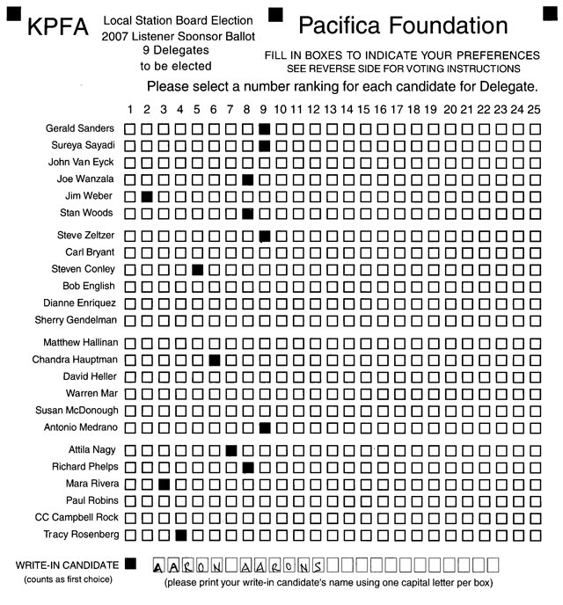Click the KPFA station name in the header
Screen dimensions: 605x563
point(57,29)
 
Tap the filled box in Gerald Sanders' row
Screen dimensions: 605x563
point(265,128)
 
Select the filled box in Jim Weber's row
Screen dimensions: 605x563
point(147,196)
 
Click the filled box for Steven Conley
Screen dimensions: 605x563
point(197,269)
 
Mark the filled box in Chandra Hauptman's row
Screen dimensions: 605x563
point(215,360)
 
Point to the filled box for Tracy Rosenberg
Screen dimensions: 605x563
point(180,535)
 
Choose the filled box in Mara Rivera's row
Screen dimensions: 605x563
point(164,485)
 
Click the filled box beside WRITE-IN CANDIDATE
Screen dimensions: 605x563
point(131,563)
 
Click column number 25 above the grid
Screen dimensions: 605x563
point(535,109)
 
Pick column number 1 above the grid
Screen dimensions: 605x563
point(130,109)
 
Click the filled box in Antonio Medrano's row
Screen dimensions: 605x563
point(265,428)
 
